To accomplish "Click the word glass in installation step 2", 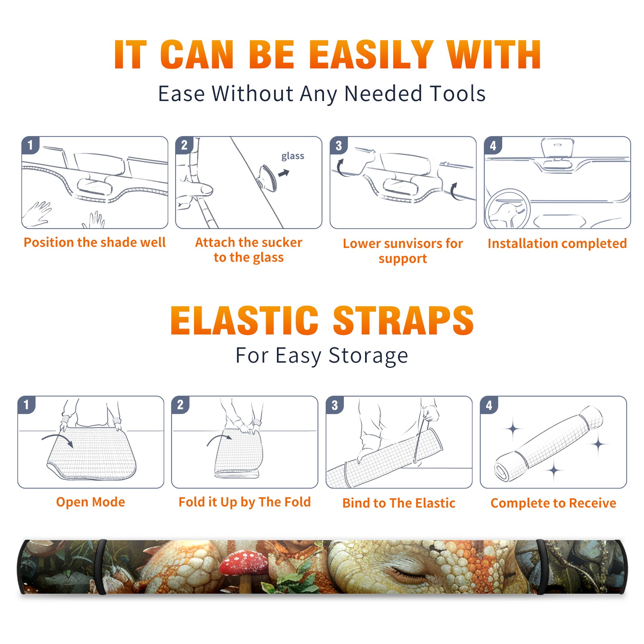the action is (x=293, y=156).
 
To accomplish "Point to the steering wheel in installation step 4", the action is (x=508, y=209).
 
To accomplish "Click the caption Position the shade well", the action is (x=95, y=242).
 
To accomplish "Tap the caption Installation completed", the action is (x=557, y=244).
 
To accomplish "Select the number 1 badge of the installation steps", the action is (x=30, y=144).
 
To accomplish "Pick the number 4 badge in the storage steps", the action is (x=489, y=405).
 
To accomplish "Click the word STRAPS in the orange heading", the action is (x=403, y=320).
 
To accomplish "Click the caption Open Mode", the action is (x=91, y=502).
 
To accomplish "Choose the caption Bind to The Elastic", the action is (x=399, y=503).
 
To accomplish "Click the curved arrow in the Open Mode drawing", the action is (x=57, y=439).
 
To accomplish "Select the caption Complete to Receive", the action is (x=553, y=503).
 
